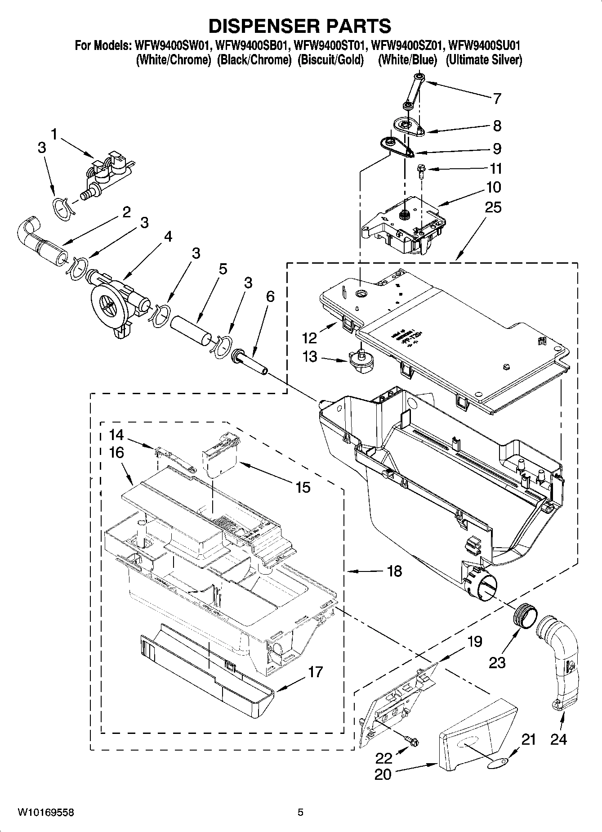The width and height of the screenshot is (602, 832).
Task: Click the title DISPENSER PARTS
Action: [x=300, y=26]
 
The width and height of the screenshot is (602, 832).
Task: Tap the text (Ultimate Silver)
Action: [x=484, y=60]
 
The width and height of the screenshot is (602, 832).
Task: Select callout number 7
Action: [x=496, y=99]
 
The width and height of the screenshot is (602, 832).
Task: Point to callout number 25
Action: [x=493, y=207]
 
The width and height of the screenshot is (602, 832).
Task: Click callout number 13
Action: [x=310, y=357]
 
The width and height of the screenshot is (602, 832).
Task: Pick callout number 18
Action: [x=394, y=571]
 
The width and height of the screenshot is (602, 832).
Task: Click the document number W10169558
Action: [x=46, y=812]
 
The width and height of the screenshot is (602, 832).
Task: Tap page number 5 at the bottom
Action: [x=300, y=812]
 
